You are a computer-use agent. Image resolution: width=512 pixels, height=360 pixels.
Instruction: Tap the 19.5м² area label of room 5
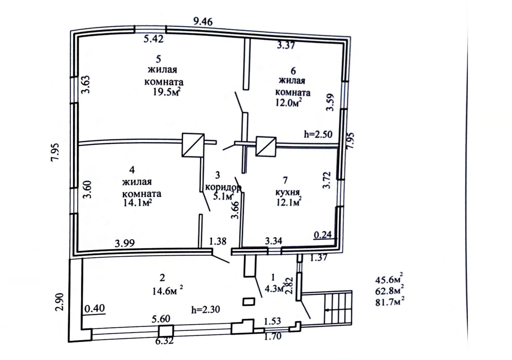tap(166, 92)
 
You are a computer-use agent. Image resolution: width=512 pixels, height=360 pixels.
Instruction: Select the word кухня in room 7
tap(287, 192)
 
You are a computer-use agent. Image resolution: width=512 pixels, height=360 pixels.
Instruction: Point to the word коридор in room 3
tap(223, 188)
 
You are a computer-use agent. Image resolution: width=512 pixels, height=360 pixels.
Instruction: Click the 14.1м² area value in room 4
tap(138, 203)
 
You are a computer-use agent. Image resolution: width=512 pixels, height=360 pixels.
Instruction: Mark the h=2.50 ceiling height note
tap(318, 134)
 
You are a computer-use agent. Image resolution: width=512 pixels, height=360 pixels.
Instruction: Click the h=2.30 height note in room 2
tap(205, 309)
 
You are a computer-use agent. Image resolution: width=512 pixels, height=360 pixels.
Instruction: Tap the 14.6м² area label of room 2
tap(168, 291)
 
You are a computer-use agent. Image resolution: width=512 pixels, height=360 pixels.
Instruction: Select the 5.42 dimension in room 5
tap(154, 39)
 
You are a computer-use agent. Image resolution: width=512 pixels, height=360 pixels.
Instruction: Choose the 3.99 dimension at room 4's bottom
tap(124, 244)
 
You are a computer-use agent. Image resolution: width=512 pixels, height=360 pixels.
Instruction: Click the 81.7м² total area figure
tap(389, 302)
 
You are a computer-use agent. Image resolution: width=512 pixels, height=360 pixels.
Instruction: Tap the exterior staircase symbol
tap(338, 308)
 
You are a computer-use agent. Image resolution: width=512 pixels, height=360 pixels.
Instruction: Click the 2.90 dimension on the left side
tap(60, 302)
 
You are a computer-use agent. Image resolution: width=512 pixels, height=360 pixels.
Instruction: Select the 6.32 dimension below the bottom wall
tap(164, 341)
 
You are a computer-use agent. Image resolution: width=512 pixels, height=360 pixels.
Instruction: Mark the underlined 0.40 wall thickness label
tap(95, 309)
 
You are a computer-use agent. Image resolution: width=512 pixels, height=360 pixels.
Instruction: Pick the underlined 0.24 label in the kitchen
tap(323, 235)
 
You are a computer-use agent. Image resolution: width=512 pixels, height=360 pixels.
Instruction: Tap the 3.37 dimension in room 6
tap(286, 45)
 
